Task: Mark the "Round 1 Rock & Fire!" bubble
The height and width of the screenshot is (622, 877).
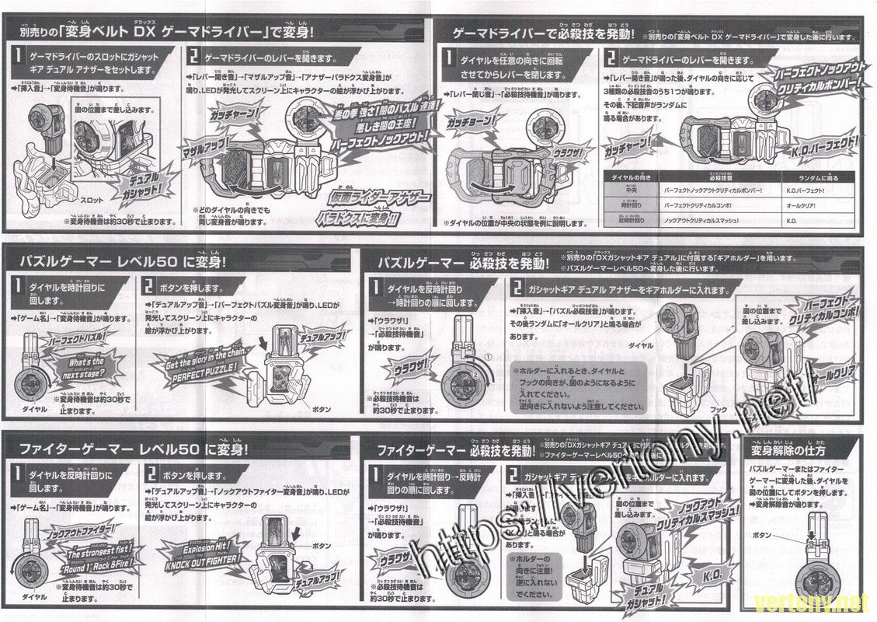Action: (x=87, y=568)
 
